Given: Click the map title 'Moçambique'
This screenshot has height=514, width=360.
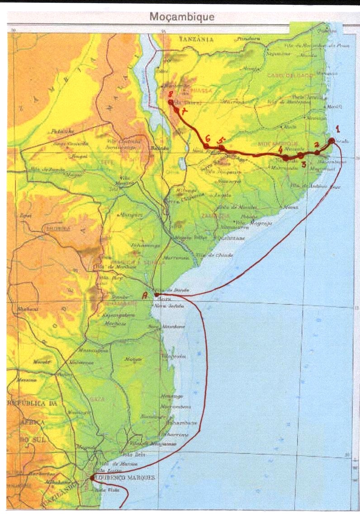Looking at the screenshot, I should [182, 18].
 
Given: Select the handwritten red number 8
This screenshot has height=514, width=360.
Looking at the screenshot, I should [170, 95].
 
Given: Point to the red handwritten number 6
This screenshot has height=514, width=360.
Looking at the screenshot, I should [208, 138].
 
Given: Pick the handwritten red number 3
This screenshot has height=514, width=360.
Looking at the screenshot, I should [304, 164].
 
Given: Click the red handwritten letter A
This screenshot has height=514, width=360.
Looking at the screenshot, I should [145, 295].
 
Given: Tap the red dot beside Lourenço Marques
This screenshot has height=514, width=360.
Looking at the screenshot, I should [92, 477].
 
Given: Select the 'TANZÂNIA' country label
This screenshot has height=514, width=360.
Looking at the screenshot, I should [196, 40].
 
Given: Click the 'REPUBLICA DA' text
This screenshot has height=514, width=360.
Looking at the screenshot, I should [31, 403].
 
